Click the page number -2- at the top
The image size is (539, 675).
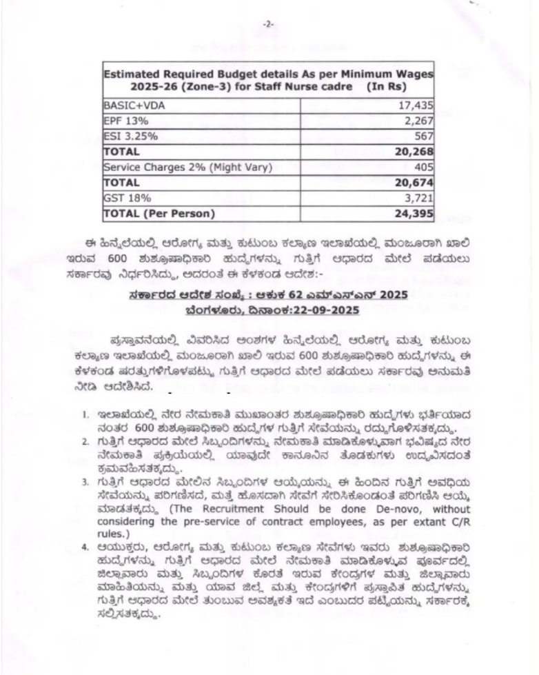(x=269, y=23)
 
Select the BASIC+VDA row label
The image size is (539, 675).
(x=129, y=105)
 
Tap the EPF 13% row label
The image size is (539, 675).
(x=121, y=121)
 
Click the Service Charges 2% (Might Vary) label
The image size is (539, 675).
(x=178, y=167)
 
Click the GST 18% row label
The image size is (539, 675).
(x=121, y=198)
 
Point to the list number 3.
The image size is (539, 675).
(x=84, y=482)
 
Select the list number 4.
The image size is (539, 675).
(x=84, y=547)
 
